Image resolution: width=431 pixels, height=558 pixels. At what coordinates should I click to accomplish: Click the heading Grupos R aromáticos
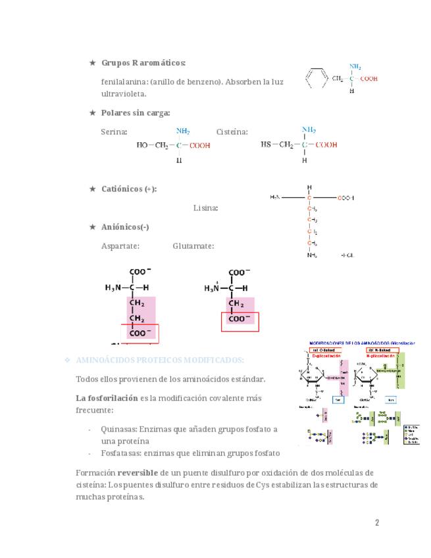[x=143, y=63]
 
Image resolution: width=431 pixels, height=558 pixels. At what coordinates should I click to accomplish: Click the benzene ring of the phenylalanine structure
[x=317, y=78]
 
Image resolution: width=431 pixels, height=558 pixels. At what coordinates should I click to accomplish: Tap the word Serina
[x=114, y=132]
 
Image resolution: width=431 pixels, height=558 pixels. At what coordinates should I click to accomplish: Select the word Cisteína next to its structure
[x=232, y=132]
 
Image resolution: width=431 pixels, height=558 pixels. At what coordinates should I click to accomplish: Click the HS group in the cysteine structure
[x=267, y=145]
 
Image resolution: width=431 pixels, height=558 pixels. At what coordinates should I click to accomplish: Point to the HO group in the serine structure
[x=142, y=145]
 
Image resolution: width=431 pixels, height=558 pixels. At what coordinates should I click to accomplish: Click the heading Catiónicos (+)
[x=129, y=189]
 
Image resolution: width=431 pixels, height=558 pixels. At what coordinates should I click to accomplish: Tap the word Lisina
[x=205, y=208]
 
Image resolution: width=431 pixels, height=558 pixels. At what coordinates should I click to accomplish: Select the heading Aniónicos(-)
[x=125, y=227]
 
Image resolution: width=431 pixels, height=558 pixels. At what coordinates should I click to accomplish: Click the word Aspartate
[x=120, y=246]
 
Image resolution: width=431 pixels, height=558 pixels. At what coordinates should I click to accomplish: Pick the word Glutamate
[x=193, y=246]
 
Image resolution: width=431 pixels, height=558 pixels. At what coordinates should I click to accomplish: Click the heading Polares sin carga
[x=136, y=113]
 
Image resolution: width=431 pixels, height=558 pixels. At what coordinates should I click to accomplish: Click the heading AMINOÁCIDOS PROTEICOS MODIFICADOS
[x=160, y=361]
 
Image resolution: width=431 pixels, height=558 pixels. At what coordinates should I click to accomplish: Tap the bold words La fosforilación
[x=107, y=398]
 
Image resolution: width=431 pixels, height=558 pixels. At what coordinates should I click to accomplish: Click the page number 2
[x=377, y=523]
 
